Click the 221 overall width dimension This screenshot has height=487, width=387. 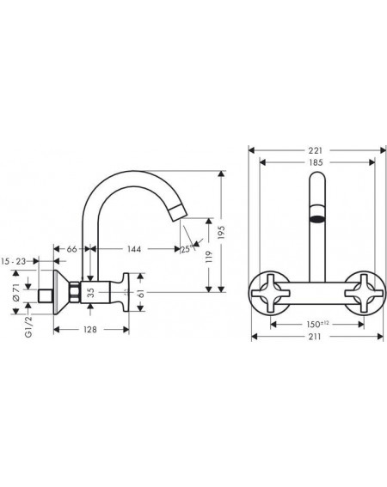click(316, 150)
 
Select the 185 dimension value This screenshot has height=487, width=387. click(316, 162)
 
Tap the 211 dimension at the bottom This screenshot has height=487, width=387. click(315, 337)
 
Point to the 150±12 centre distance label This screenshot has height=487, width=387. click(317, 325)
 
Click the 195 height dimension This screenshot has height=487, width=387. click(221, 232)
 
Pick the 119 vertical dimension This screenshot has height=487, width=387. click(209, 257)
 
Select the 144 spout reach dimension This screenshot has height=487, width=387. click(134, 249)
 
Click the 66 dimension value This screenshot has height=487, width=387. click(72, 249)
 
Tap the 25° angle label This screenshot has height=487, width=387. click(187, 249)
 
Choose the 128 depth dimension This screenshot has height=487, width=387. click(90, 329)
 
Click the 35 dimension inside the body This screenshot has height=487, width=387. click(91, 292)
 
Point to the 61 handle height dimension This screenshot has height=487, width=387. click(141, 293)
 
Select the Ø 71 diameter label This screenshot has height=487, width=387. click(16, 292)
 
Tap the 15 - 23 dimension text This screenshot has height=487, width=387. click(14, 261)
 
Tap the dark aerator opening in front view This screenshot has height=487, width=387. click(317, 218)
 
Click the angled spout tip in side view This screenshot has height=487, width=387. click(179, 212)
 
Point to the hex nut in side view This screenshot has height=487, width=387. click(75, 292)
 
